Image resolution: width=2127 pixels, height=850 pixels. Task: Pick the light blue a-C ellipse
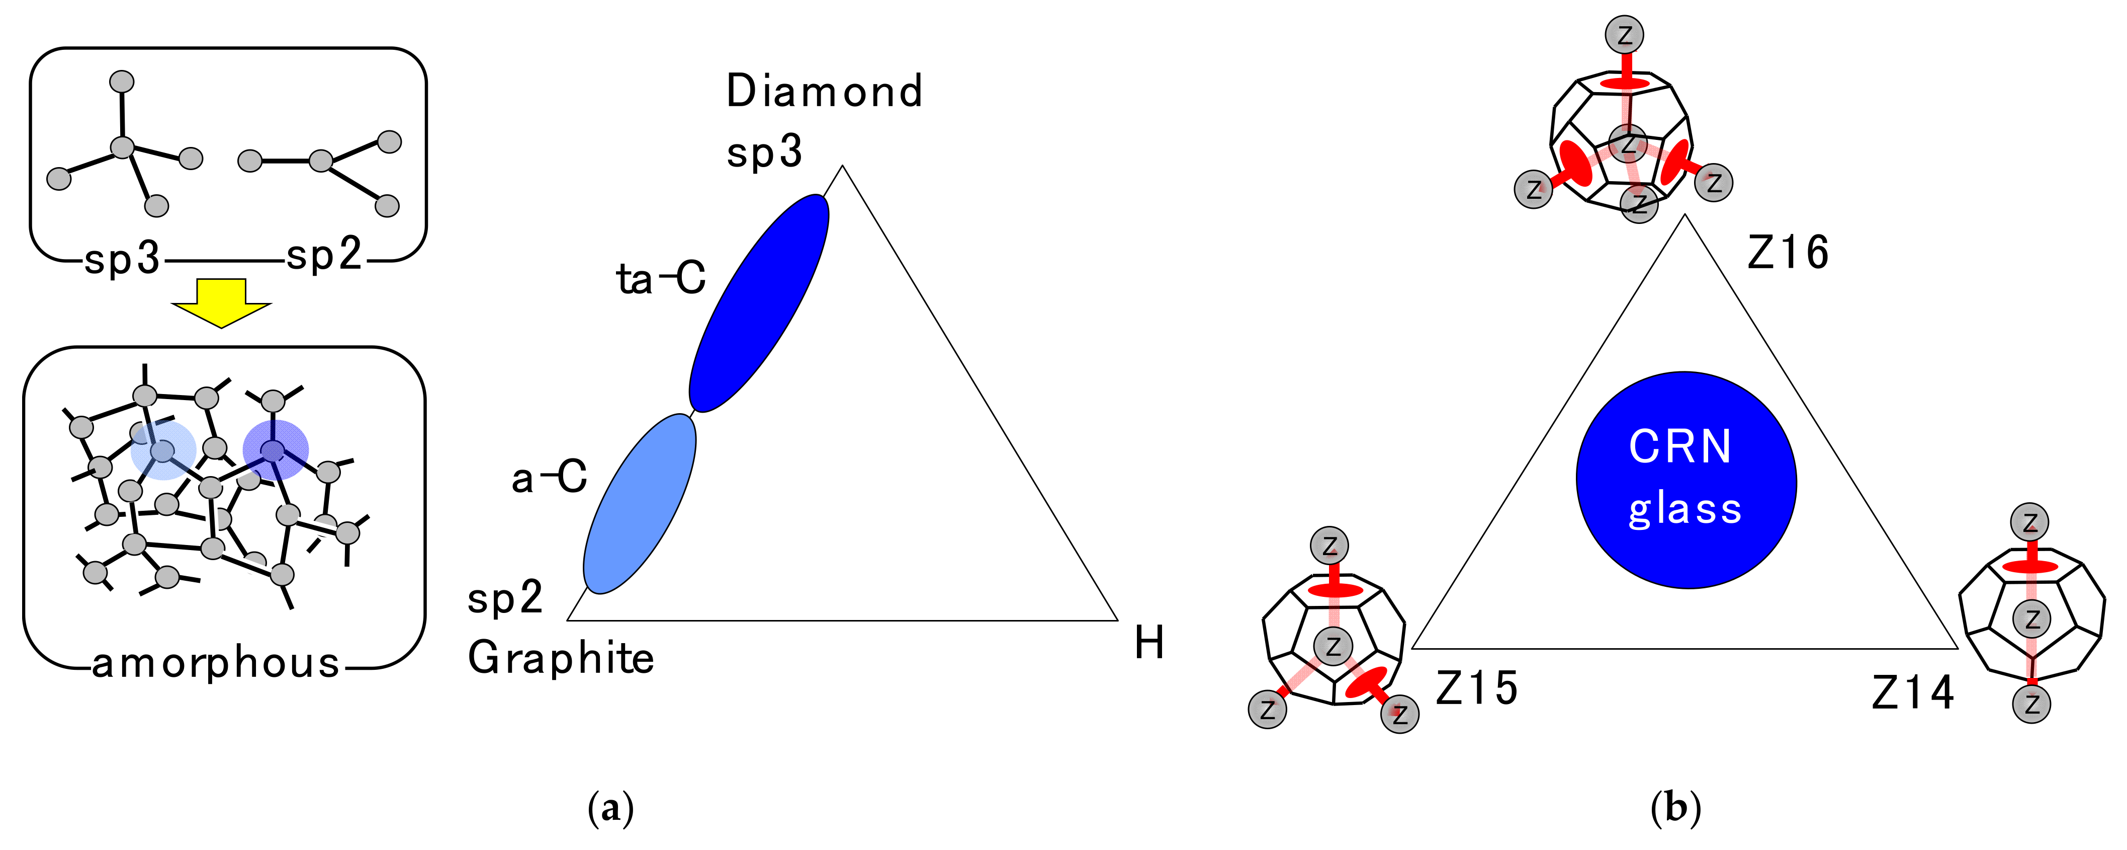pyautogui.click(x=640, y=504)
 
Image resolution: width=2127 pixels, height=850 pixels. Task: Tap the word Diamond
pyautogui.click(x=824, y=91)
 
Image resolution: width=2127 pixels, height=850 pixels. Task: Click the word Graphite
pyautogui.click(x=561, y=658)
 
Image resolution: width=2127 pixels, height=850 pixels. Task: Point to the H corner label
pyautogui.click(x=1148, y=643)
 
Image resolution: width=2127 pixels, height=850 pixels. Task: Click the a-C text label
pyautogui.click(x=549, y=478)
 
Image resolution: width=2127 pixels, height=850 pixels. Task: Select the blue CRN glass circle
pyautogui.click(x=1686, y=480)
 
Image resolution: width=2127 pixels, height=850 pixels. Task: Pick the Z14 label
pyautogui.click(x=1912, y=693)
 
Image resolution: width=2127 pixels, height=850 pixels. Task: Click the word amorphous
pyautogui.click(x=216, y=663)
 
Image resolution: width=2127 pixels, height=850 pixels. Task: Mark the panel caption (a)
pyautogui.click(x=611, y=808)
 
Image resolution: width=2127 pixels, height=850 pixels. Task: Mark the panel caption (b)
pyautogui.click(x=1675, y=808)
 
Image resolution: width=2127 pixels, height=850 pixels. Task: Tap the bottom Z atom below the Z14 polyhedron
pyautogui.click(x=2031, y=705)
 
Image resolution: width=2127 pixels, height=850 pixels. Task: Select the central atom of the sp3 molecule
pyautogui.click(x=122, y=148)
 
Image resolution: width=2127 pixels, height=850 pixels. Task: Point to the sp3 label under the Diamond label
pyautogui.click(x=764, y=152)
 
